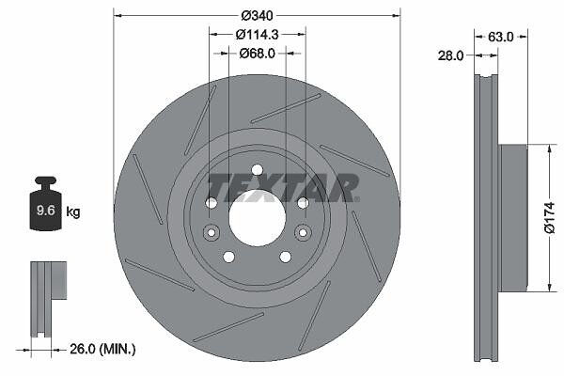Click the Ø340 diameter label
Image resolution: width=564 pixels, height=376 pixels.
tap(257, 15)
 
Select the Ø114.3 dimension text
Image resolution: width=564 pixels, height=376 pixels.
tap(257, 35)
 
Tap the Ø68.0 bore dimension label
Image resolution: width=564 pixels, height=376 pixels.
tap(257, 54)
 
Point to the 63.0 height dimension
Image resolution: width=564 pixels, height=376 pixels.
tap(501, 37)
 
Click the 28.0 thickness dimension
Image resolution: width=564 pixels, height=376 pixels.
tap(450, 55)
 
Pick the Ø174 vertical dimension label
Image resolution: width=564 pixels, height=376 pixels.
tap(550, 218)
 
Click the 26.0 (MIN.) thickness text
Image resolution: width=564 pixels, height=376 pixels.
tap(102, 349)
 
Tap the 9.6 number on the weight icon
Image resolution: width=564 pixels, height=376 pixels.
tap(46, 211)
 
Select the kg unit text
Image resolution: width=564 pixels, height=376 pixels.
tap(73, 211)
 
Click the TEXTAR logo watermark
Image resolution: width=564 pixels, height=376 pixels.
tap(284, 188)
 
